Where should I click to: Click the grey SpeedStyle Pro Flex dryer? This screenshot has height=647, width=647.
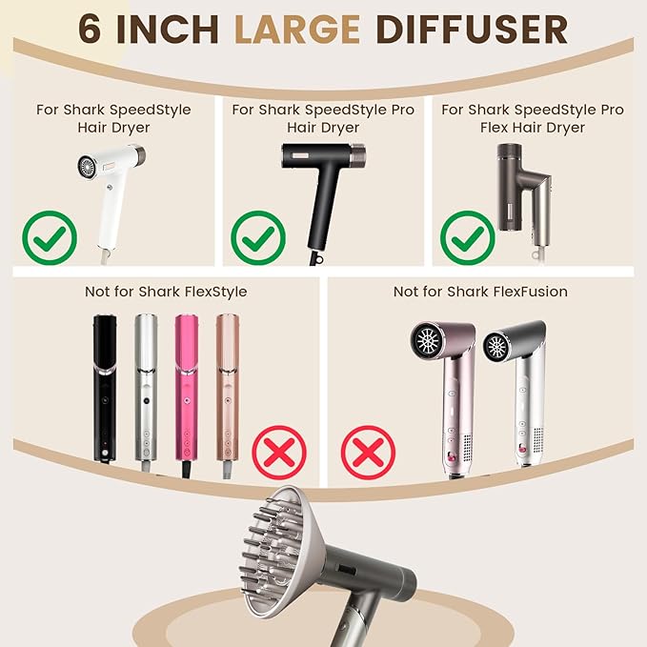518,186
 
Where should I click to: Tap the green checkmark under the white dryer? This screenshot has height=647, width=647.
50,236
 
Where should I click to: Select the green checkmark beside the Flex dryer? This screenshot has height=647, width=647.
466,237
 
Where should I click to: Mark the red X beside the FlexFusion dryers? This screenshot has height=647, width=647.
369,452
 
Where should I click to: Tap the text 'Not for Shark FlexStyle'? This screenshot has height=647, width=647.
167,292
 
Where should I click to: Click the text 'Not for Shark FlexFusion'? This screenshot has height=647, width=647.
480,292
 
